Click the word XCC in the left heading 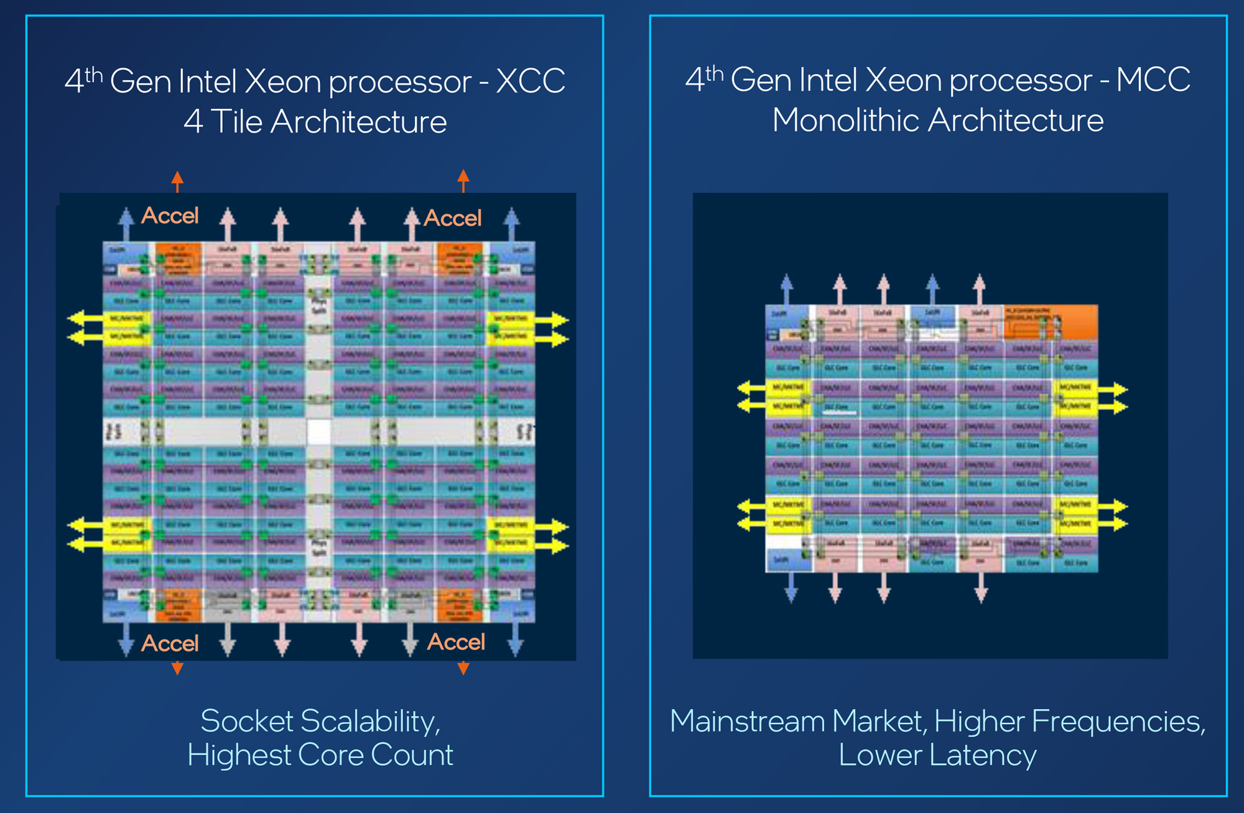click(530, 81)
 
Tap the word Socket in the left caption click(246, 722)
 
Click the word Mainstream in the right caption click(748, 722)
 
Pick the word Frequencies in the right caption click(1118, 722)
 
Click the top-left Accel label click(170, 216)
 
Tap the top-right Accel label click(453, 218)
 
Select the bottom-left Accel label click(170, 643)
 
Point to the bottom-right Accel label click(456, 642)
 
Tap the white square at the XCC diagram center click(318, 432)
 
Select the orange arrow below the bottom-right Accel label click(463, 668)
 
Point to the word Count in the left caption click(412, 755)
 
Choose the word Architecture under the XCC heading click(358, 121)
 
